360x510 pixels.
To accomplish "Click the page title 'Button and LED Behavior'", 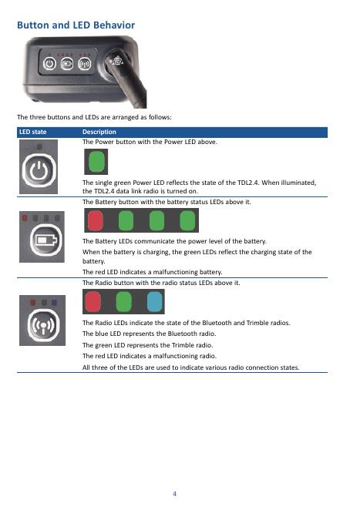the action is coord(76,25).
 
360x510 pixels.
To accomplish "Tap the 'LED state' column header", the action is coord(32,132).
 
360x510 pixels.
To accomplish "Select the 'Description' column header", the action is coord(99,132).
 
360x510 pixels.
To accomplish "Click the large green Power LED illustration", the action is coord(96,162).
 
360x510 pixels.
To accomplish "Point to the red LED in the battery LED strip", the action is coord(96,220).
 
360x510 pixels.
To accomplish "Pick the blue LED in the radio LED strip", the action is coord(155,302).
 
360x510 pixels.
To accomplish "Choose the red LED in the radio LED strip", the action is coord(93,302).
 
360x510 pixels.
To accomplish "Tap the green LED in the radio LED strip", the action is coord(123,302).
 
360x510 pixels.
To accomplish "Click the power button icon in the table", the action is coord(39,170).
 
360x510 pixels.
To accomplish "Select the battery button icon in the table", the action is coord(46,240).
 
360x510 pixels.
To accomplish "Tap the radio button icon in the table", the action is coord(43,324).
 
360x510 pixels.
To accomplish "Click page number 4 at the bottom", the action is coord(174,494).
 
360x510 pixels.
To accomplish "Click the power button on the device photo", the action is coord(49,63).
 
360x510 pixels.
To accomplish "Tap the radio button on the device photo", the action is coord(84,63).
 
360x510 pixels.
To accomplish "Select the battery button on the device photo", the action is coord(67,63).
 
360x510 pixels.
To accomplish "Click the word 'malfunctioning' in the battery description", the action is coord(177,272).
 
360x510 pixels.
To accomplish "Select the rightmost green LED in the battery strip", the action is coord(187,220).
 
